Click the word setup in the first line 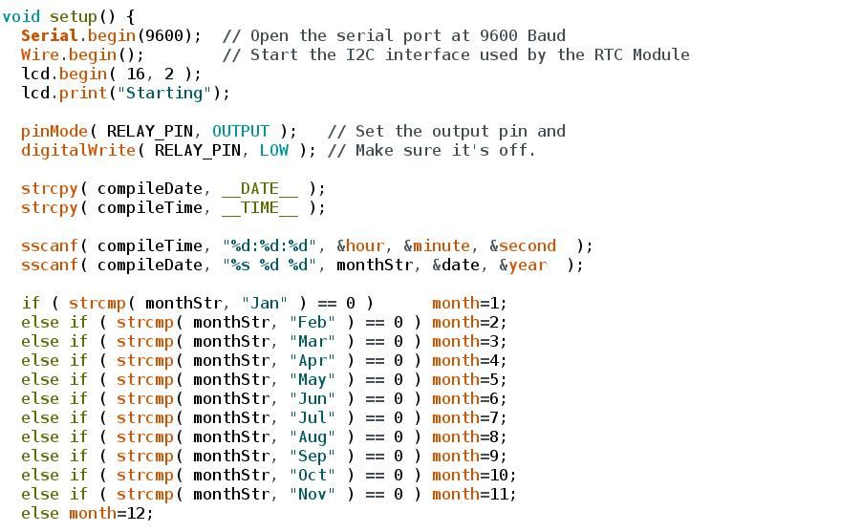click(x=74, y=16)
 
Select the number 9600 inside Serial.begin click(x=164, y=35)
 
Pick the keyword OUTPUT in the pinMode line click(x=240, y=132)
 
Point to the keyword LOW click(x=274, y=150)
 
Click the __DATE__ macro click(x=260, y=189)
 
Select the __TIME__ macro click(x=260, y=208)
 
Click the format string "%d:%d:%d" click(x=270, y=245)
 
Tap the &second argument click(x=523, y=245)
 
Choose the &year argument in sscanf click(x=523, y=265)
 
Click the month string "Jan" click(x=265, y=303)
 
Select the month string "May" click(x=313, y=380)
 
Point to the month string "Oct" click(x=313, y=475)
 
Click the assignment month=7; click(x=469, y=417)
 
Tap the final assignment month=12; click(x=111, y=513)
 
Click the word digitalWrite click(x=78, y=150)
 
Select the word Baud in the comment click(x=547, y=35)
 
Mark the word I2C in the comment click(x=360, y=54)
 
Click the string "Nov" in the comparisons click(x=313, y=494)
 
